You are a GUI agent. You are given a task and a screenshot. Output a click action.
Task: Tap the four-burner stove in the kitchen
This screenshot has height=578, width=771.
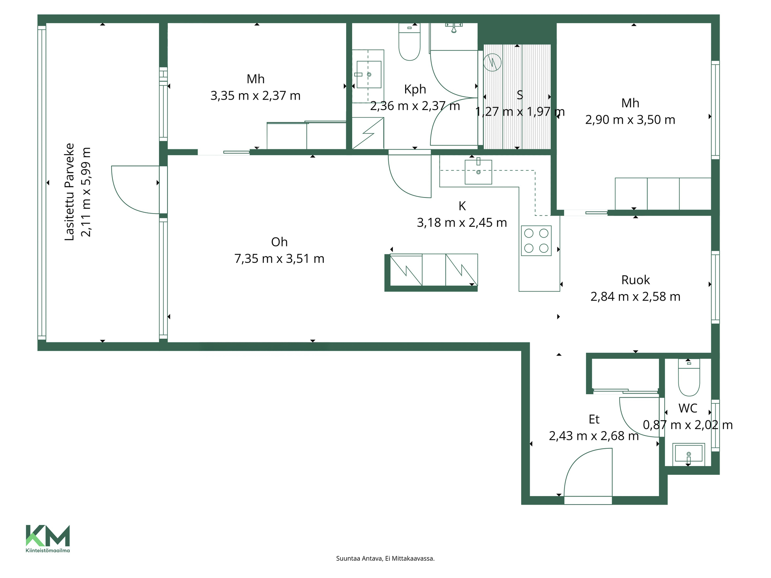(536, 241)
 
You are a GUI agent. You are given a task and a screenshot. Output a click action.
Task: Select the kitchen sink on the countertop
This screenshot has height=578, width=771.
(478, 172)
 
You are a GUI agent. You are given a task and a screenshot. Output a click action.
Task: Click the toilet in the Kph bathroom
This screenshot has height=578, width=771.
(409, 42)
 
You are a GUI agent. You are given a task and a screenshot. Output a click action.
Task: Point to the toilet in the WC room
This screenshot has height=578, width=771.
(689, 377)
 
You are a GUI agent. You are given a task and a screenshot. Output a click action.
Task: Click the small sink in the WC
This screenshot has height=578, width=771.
(689, 454)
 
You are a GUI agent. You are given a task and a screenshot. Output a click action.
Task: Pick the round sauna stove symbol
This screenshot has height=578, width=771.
(492, 62)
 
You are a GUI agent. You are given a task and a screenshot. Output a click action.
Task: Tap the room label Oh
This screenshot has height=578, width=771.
(279, 242)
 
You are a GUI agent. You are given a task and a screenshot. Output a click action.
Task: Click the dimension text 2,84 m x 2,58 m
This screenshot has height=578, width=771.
(635, 297)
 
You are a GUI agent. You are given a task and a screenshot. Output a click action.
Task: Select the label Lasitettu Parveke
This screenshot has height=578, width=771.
(69, 192)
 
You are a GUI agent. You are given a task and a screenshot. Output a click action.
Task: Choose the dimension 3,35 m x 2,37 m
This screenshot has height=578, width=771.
(255, 96)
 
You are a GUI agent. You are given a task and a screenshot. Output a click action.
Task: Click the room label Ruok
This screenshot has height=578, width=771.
(635, 280)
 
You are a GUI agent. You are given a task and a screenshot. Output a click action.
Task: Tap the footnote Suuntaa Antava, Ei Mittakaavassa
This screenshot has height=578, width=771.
(385, 558)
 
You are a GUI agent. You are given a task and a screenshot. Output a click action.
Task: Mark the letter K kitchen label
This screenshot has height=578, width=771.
(462, 206)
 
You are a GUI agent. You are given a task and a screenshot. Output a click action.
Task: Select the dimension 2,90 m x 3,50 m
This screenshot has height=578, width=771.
(630, 120)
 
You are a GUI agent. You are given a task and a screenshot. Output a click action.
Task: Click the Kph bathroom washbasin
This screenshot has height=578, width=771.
(369, 74)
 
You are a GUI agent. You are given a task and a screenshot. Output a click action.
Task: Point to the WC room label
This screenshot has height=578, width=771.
(688, 408)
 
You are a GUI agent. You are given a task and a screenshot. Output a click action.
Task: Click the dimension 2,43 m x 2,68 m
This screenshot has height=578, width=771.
(594, 436)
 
